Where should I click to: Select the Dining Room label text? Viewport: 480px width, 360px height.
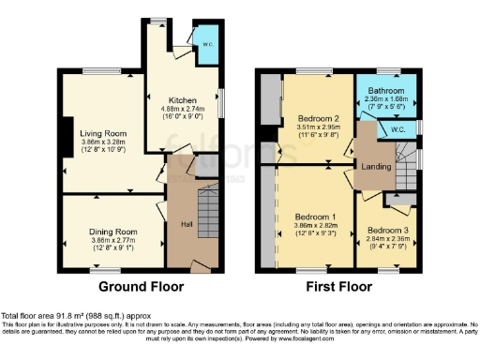click(x=113, y=232)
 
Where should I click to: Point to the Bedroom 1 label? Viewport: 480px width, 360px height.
click(x=314, y=217)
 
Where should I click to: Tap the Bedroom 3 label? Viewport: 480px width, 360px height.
click(x=387, y=230)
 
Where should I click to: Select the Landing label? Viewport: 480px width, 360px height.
click(x=375, y=168)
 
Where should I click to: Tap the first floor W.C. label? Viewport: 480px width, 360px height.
click(x=397, y=129)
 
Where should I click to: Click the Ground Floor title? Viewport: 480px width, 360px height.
click(x=141, y=286)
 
